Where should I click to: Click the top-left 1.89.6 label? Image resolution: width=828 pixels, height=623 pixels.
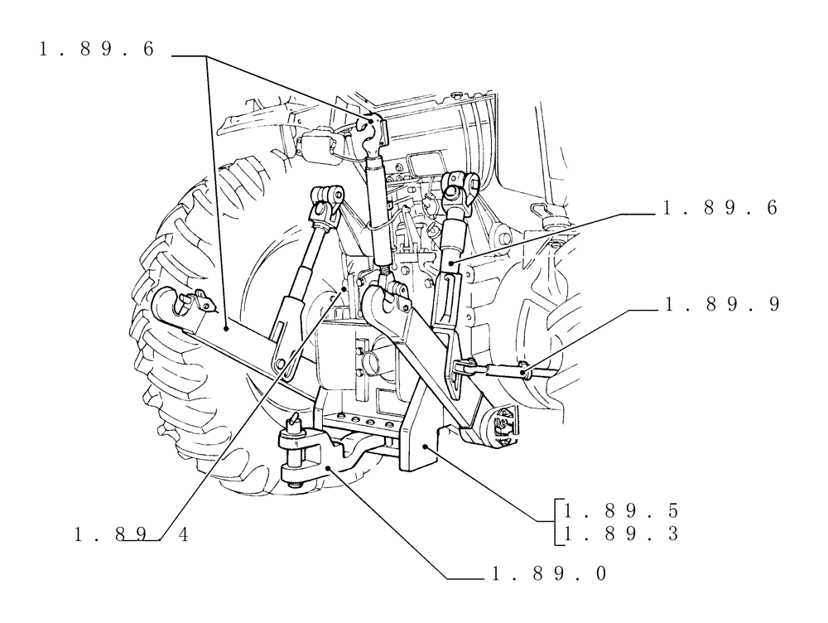click(x=96, y=50)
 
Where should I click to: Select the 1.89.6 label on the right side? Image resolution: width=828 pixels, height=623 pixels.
click(x=720, y=210)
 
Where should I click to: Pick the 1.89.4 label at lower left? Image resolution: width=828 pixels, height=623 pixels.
click(x=131, y=535)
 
